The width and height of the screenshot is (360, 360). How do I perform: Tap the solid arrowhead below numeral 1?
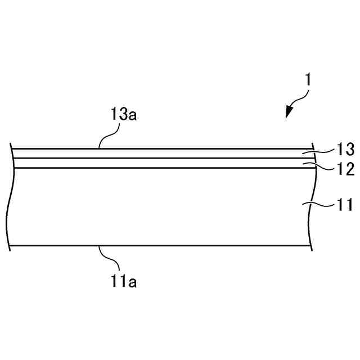coord(289,112)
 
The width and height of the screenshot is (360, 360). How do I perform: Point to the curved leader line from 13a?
coord(108,136)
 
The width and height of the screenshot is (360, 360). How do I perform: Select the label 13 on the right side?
coord(345,149)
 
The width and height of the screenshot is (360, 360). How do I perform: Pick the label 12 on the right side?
coord(345,169)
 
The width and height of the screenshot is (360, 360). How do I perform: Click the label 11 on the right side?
coord(345,205)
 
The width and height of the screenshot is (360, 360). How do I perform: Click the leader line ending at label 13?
coord(323,150)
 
